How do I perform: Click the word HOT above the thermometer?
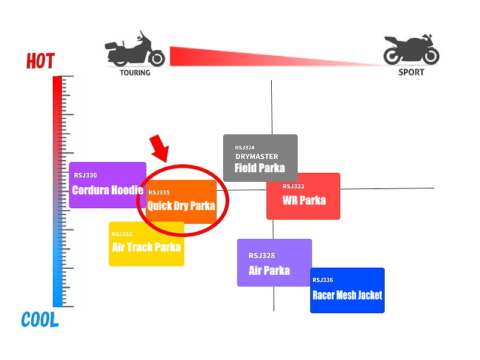pos(40,61)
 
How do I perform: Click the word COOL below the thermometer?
pos(40,320)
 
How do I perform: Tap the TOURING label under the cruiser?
pos(135,73)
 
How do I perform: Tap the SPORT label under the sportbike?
pos(411,72)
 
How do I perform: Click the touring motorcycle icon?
pos(135,49)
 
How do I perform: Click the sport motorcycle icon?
pos(411,49)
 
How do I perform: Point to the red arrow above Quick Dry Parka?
pos(160,148)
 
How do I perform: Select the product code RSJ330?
pos(85,175)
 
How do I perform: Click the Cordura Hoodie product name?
pos(108,190)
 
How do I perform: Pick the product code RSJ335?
pos(159,192)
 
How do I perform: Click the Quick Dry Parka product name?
pos(181,205)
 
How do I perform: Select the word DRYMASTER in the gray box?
pos(257,157)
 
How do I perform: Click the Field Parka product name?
pos(260,168)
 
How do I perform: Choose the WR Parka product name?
pos(304,200)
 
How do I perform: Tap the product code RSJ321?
pos(293,186)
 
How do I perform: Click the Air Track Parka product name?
pos(146,247)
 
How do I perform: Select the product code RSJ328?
pos(262,256)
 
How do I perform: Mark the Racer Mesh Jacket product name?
pos(347,295)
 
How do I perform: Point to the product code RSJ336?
pos(323,280)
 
